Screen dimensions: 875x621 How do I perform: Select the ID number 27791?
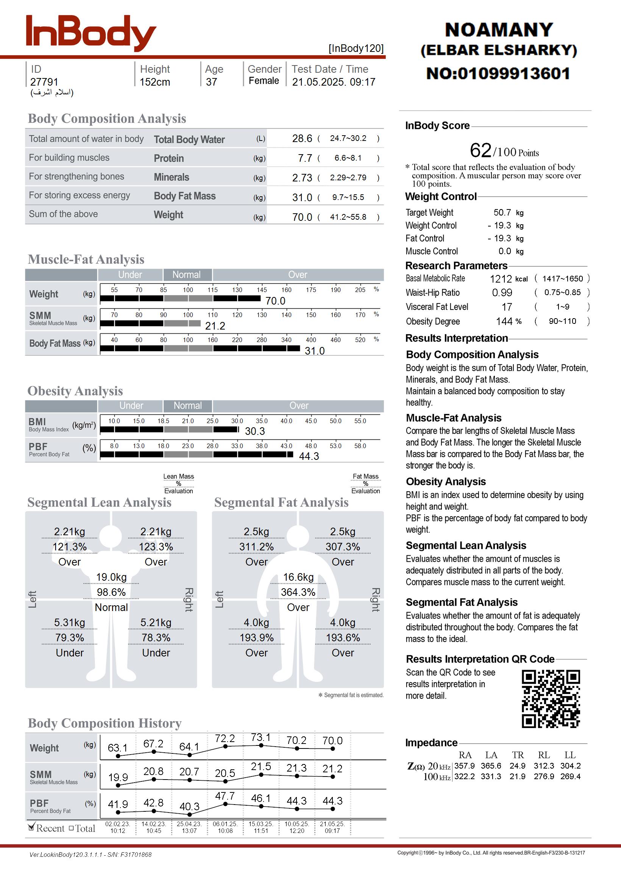click(44, 82)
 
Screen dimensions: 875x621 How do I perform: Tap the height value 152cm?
click(154, 82)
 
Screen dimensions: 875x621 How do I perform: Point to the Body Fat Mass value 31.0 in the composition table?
click(302, 197)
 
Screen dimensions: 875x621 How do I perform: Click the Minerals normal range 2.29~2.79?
click(348, 177)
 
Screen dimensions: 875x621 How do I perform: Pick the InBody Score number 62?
click(480, 150)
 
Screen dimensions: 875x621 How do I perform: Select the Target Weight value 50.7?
click(502, 212)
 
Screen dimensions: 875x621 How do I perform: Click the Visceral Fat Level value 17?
click(507, 307)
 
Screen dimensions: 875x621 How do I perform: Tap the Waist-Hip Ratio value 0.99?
click(502, 292)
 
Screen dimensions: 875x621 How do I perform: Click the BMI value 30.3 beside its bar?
click(255, 431)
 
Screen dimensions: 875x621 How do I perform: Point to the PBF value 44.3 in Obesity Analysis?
click(309, 456)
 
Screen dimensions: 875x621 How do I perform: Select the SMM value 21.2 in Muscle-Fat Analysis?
click(215, 326)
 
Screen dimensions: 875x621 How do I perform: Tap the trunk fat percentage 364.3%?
click(298, 592)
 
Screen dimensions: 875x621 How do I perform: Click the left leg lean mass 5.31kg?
click(69, 622)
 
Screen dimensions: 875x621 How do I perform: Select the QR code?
click(551, 698)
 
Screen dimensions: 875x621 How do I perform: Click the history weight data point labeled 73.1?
click(261, 745)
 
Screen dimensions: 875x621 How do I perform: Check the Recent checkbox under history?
click(31, 828)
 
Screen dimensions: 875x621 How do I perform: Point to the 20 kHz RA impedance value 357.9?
click(464, 766)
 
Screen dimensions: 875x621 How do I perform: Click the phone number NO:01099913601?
click(498, 73)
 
